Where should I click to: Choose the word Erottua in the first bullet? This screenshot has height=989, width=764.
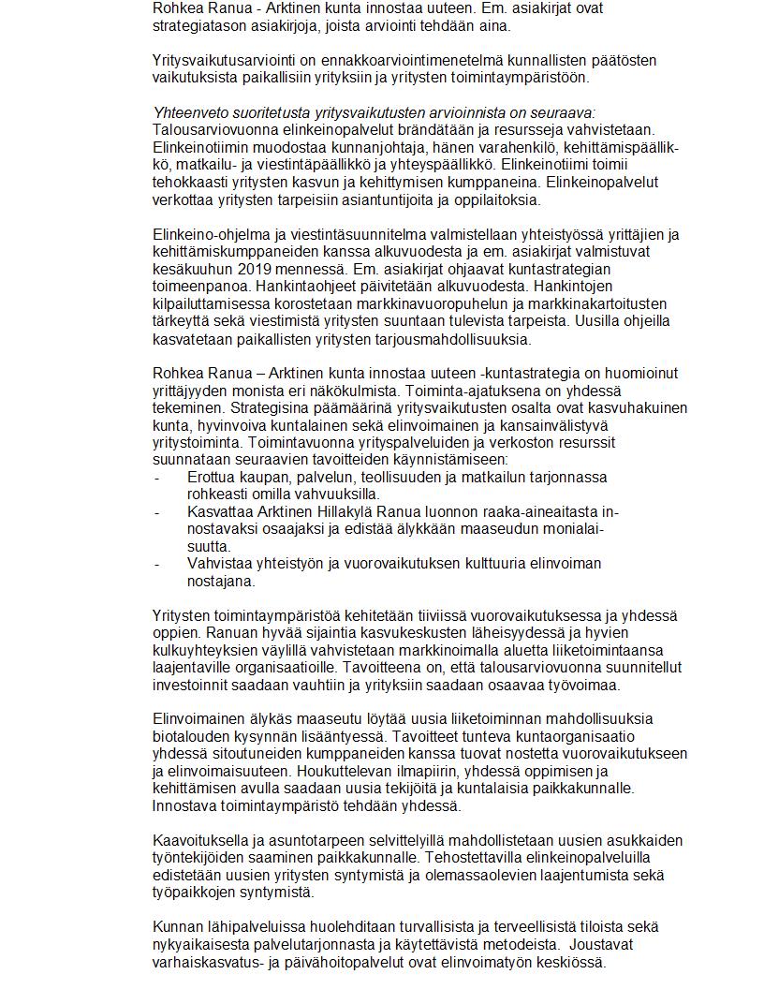213,477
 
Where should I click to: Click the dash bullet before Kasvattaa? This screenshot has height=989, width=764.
156,512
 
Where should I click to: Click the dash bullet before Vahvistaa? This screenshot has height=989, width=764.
156,564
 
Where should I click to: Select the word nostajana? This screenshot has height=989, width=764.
221,582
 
